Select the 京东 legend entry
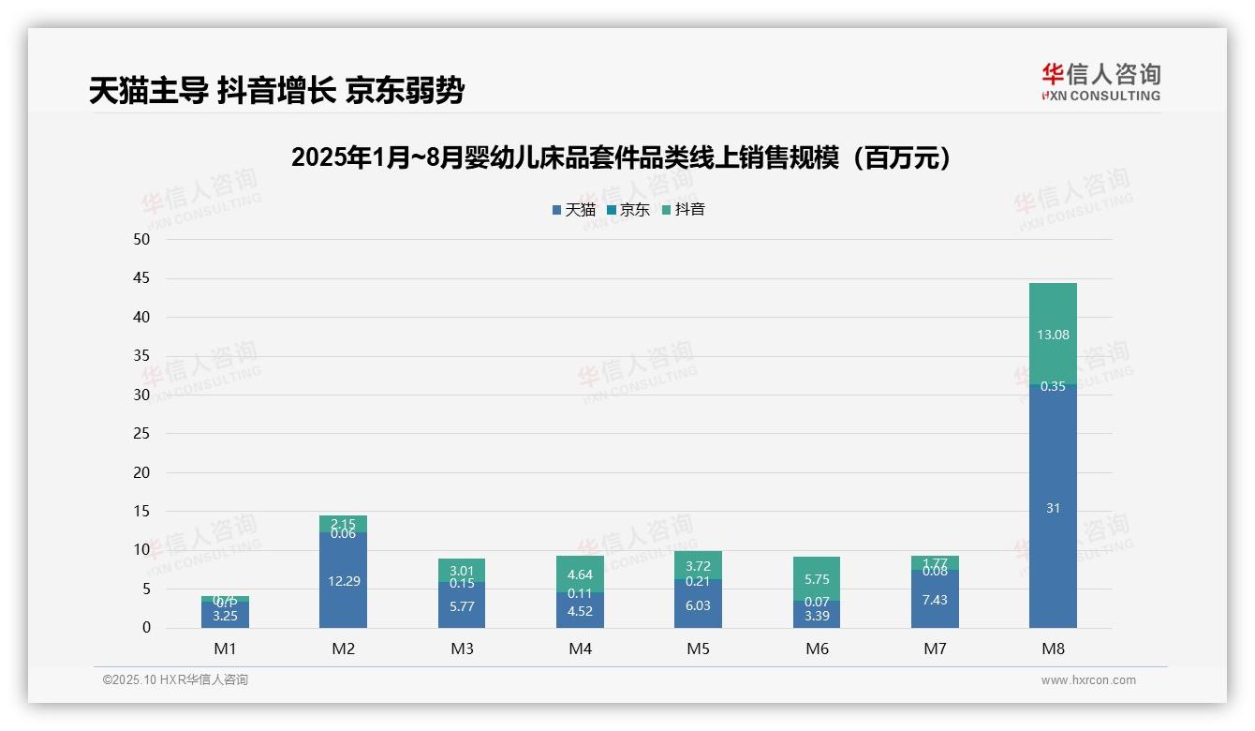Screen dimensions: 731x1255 (x=627, y=210)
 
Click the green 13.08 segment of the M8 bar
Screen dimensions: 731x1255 (x=1053, y=335)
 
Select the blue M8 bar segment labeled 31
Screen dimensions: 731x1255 (x=1053, y=508)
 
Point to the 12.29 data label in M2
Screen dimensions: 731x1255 (x=343, y=581)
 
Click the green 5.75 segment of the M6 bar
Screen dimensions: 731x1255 (x=817, y=579)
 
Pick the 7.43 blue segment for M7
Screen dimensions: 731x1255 (x=935, y=600)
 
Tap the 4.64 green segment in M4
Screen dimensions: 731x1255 (x=580, y=574)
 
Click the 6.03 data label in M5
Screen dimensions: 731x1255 (x=698, y=605)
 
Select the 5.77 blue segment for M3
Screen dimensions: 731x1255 (x=461, y=606)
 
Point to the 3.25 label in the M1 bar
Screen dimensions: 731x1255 (x=225, y=616)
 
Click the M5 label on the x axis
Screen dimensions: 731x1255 (x=698, y=649)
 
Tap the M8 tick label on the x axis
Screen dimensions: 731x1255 (x=1053, y=649)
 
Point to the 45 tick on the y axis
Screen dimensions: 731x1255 (x=140, y=278)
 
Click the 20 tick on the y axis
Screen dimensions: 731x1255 (x=140, y=472)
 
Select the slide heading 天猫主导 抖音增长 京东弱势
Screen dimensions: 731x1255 (x=276, y=91)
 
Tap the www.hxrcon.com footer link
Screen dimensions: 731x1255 (x=1088, y=680)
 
